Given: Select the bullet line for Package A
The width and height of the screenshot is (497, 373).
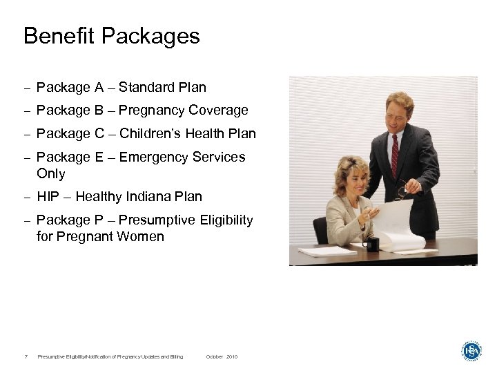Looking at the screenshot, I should click(121, 88).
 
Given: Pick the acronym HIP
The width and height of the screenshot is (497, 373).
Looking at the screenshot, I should click(48, 197).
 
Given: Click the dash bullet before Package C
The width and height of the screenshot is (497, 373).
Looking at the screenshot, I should click(26, 135).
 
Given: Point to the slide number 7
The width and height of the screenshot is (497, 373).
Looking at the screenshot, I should click(26, 356).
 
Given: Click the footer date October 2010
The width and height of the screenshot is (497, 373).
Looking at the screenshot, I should click(222, 356).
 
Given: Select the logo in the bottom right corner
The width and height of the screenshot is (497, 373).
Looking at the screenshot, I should click(471, 351).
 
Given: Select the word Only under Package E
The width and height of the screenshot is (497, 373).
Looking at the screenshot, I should click(51, 174).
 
